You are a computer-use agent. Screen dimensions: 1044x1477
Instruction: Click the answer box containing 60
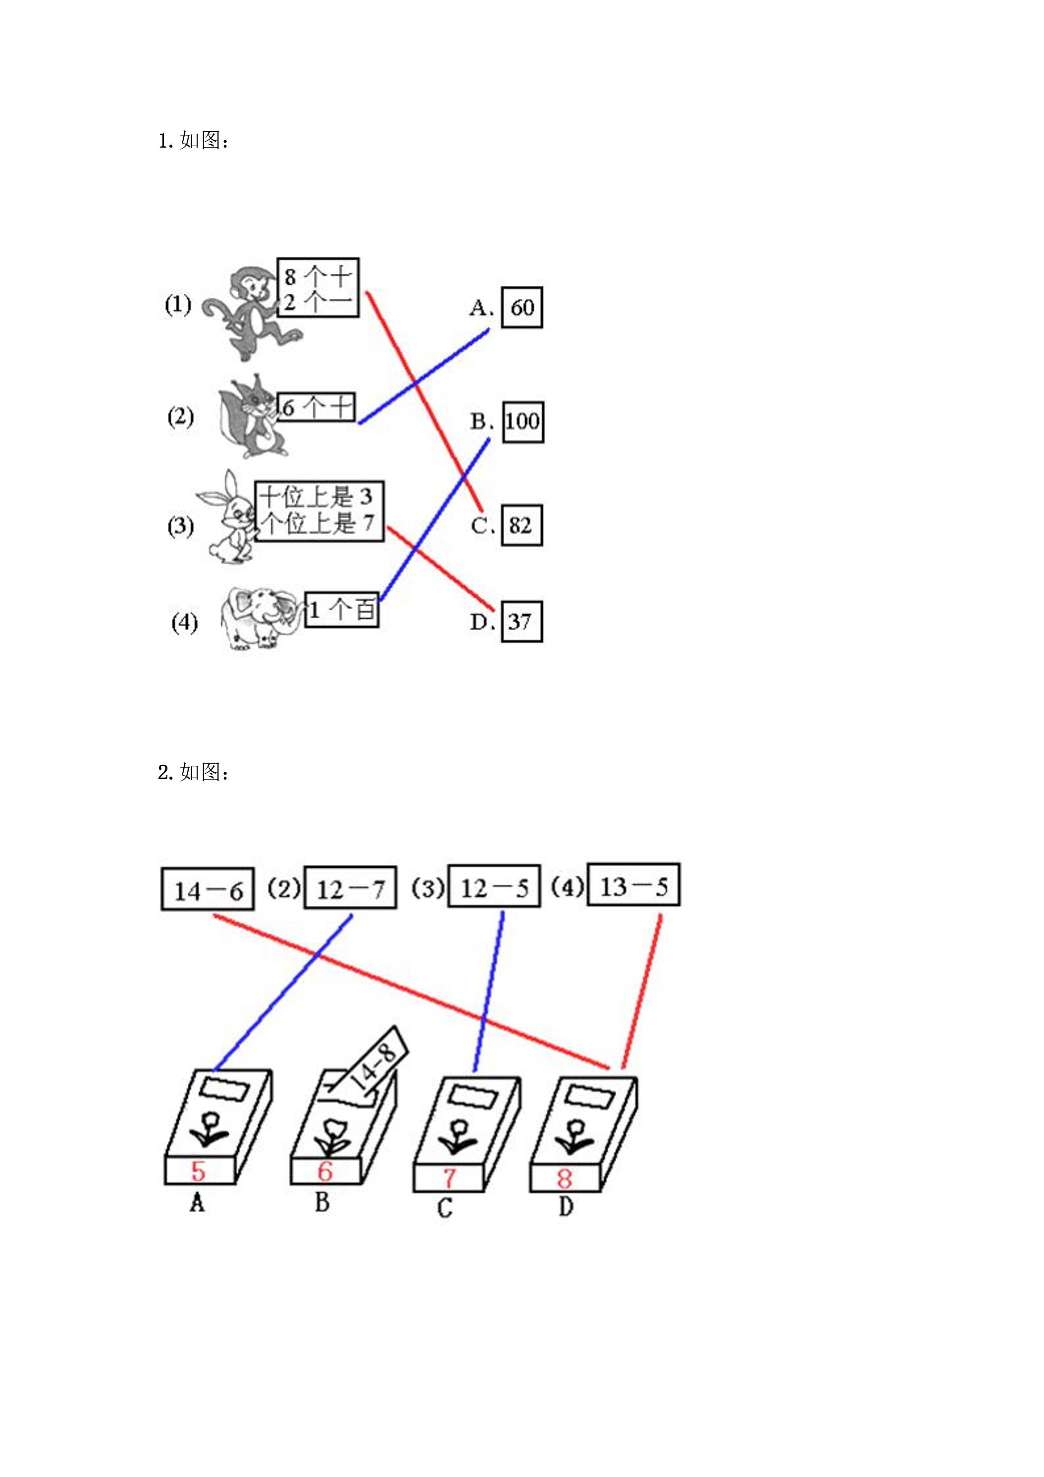tap(522, 308)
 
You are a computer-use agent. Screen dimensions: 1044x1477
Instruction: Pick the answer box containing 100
tap(522, 422)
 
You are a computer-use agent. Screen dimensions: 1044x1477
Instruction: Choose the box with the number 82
tap(522, 526)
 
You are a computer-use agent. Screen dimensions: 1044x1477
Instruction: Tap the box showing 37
tap(521, 622)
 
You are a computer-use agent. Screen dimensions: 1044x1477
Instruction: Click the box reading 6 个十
tap(316, 407)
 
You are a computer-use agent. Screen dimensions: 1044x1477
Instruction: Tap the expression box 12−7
tap(350, 888)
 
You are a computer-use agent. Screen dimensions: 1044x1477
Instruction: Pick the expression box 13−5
tap(633, 885)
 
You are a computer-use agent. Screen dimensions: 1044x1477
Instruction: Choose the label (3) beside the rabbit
tap(181, 526)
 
